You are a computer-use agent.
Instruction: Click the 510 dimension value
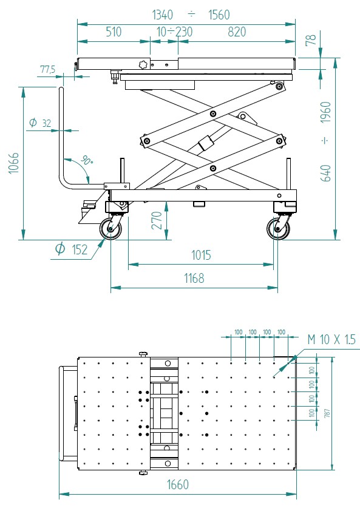click(114, 32)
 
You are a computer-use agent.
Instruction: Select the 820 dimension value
click(237, 32)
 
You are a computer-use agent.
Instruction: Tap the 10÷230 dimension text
click(175, 32)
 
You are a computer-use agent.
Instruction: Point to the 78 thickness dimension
click(311, 39)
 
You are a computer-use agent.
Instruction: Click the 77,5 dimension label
click(47, 69)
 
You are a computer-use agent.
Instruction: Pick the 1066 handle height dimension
click(13, 163)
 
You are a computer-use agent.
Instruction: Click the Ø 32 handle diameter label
click(41, 123)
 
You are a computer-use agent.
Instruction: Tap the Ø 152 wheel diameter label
click(72, 249)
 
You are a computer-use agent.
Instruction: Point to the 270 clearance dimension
click(157, 220)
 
